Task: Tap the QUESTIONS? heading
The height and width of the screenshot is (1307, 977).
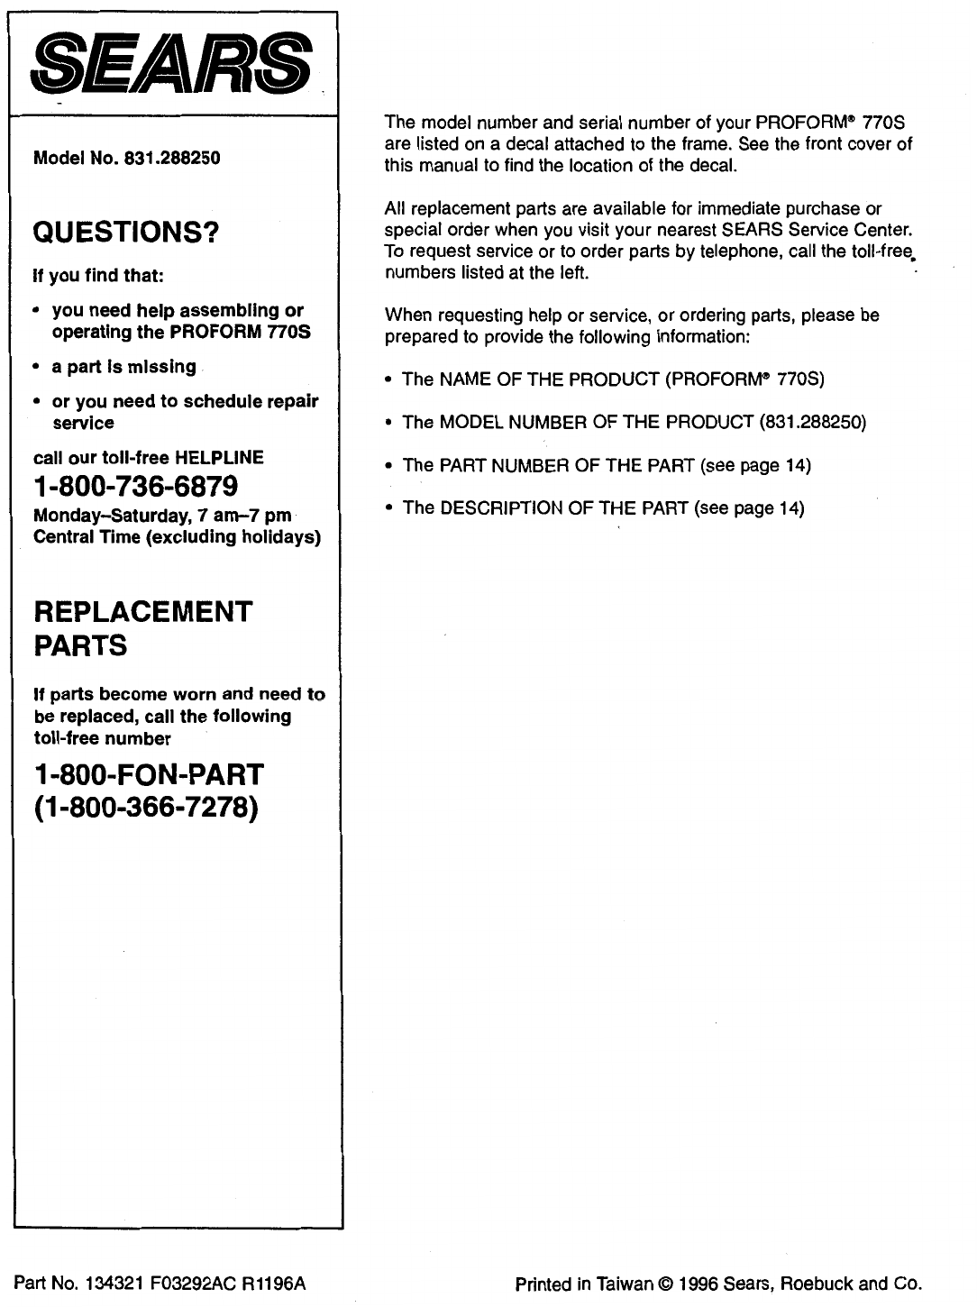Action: [x=126, y=233]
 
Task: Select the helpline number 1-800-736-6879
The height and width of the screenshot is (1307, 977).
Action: [x=135, y=487]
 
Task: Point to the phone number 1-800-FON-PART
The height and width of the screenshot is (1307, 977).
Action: [x=149, y=774]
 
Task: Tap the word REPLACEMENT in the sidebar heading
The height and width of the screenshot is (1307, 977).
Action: [x=142, y=612]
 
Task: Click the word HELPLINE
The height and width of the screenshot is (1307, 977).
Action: [x=220, y=458]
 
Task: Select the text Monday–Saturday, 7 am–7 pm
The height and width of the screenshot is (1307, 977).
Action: [x=161, y=516]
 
